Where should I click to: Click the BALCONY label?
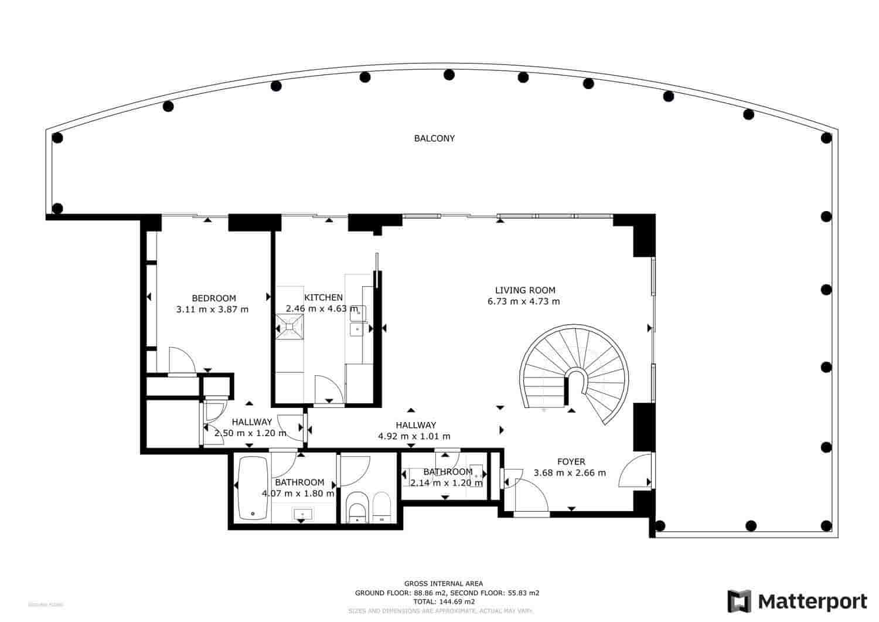click(434, 139)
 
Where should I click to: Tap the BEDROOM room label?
click(214, 298)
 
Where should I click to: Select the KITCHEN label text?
click(323, 298)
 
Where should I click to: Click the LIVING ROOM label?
click(525, 290)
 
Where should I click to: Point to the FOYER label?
click(571, 462)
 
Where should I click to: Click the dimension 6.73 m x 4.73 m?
click(523, 302)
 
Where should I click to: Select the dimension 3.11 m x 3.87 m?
click(212, 310)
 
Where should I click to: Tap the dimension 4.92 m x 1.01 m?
click(414, 436)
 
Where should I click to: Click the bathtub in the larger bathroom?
click(253, 488)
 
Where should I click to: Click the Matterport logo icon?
click(740, 601)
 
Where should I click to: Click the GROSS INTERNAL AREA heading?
click(444, 583)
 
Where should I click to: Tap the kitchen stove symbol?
click(291, 326)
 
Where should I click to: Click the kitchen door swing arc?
click(328, 388)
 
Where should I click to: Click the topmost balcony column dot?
click(449, 74)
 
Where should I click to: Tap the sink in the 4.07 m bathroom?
click(302, 514)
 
